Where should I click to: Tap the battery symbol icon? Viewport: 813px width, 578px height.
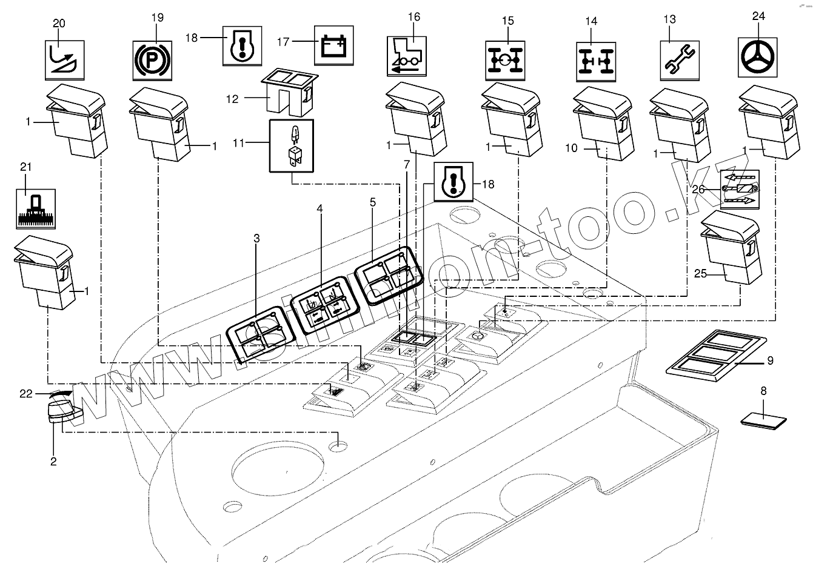[x=333, y=45]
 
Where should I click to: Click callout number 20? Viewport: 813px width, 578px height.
[x=59, y=23]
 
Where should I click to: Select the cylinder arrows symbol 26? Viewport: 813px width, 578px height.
[x=738, y=189]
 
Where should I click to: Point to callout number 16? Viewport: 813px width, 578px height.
[x=413, y=16]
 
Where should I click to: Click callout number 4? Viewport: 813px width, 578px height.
[x=320, y=208]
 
